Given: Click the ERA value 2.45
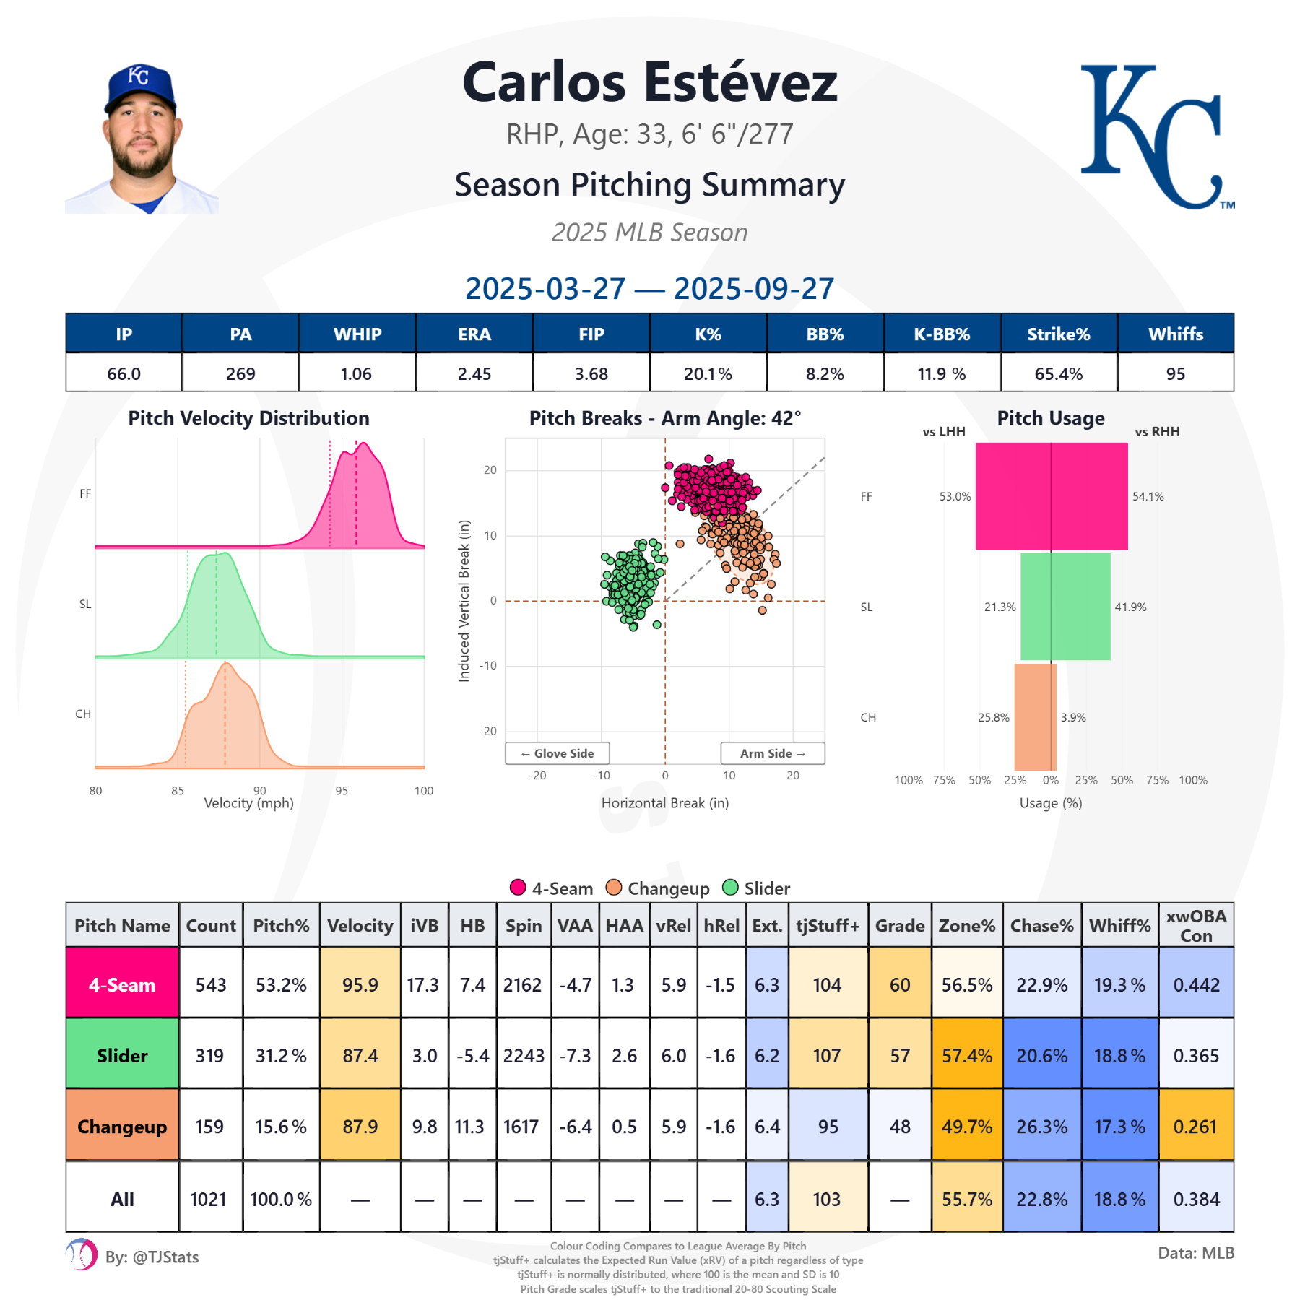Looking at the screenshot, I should pos(474,373).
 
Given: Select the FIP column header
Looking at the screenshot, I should pos(591,334).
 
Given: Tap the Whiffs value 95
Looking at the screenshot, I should pos(1175,373).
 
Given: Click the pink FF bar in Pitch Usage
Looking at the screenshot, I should pos(1051,496).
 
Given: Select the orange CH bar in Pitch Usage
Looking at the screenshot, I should pos(1035,716).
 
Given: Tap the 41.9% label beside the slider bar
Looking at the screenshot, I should pos(1130,607).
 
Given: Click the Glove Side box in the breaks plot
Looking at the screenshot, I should pos(557,753).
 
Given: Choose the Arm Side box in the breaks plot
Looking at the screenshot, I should pos(772,753).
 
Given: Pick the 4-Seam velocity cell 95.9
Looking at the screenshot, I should pos(360,984).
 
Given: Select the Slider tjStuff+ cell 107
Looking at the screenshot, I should pos(827,1055).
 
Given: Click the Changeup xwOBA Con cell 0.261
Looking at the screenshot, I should pos(1195,1126).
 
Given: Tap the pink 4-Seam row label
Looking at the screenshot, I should pos(122,984).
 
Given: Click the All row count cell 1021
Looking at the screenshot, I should pos(209,1199).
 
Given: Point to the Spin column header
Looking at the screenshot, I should pos(524,925).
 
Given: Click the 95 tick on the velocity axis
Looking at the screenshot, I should pos(342,791).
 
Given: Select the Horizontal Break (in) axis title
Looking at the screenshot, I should pos(664,803).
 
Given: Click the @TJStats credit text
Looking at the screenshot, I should pos(152,1257).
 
